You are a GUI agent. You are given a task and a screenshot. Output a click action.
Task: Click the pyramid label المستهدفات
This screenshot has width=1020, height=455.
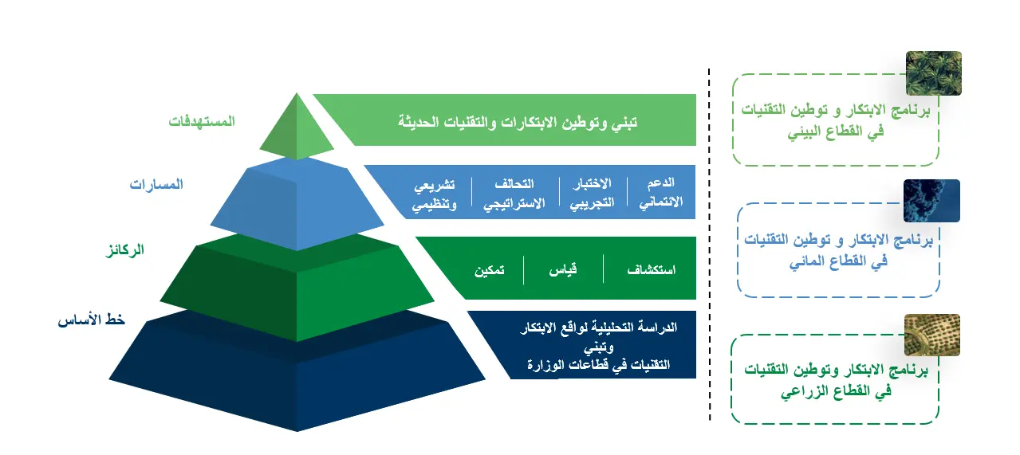pos(202,122)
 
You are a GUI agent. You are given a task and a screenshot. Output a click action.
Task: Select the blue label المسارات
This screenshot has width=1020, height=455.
pos(156,184)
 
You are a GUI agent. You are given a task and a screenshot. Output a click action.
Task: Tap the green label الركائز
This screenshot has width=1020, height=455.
pos(126,250)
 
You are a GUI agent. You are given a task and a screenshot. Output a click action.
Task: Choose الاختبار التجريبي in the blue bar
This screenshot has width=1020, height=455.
pos(592,193)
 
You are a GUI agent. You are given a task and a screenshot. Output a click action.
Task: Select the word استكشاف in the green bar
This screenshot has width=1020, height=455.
pos(651,270)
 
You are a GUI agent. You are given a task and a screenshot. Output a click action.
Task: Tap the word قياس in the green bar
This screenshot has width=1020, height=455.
pos(562,270)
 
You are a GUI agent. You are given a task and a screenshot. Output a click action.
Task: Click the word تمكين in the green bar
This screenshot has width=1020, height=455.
pos(489,270)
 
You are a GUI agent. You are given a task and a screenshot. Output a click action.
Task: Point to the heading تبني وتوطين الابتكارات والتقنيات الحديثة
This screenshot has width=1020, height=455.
pos(518,122)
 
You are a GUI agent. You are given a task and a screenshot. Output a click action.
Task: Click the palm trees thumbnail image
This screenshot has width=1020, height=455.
pos(933,73)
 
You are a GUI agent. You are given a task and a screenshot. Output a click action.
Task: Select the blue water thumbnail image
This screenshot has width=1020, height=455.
pos(931,201)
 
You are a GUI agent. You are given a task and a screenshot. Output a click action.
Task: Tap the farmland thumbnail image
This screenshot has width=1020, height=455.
pos(931,335)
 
